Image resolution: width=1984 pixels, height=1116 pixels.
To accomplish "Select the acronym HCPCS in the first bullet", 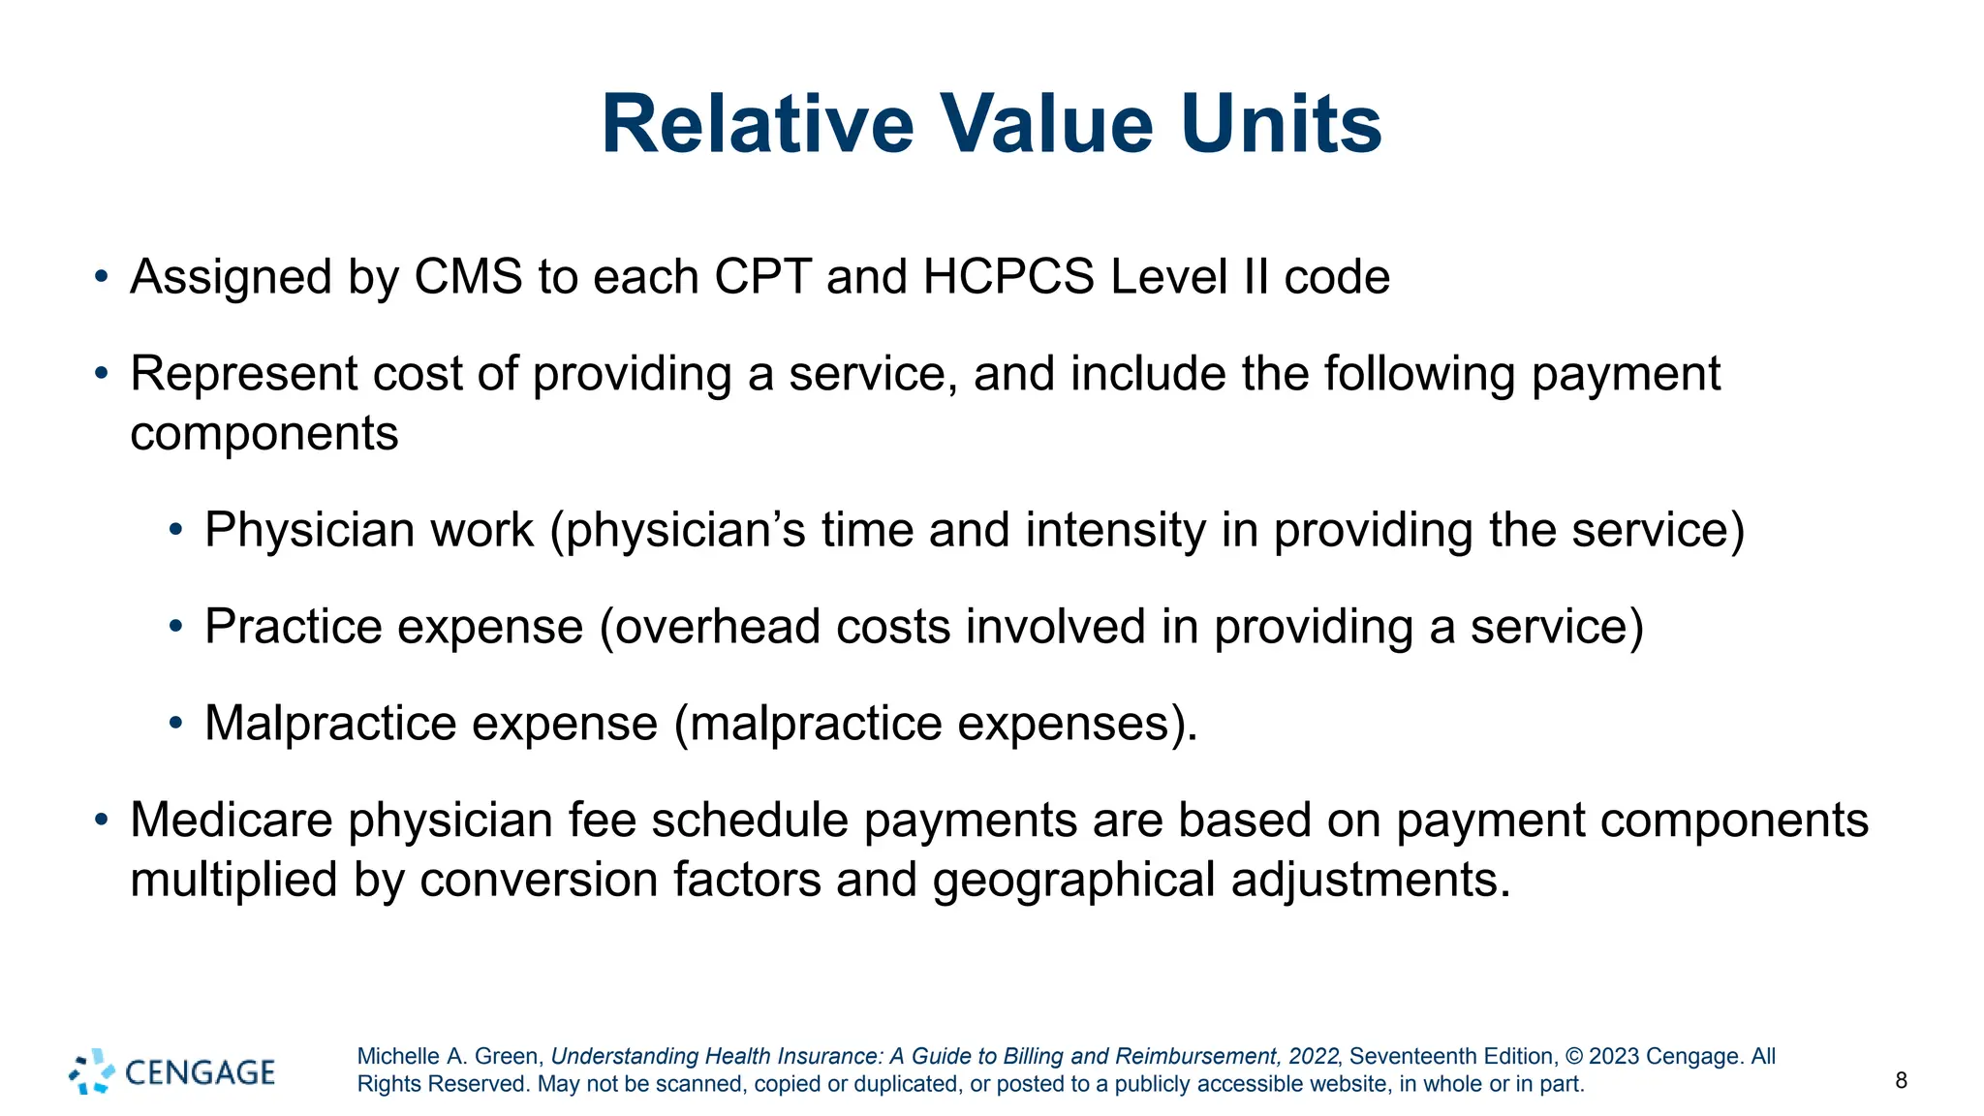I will [x=1008, y=277].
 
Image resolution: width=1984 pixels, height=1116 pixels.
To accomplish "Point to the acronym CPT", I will [x=761, y=277].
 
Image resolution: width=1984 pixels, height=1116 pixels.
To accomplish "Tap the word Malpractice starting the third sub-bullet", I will [x=329, y=724].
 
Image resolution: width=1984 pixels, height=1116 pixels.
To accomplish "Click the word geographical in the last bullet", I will [x=1073, y=881].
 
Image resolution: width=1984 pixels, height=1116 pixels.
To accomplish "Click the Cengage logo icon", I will [x=92, y=1071].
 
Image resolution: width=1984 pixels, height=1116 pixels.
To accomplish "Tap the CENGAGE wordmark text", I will [x=201, y=1072].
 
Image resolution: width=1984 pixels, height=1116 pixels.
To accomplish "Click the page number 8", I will [x=1901, y=1081].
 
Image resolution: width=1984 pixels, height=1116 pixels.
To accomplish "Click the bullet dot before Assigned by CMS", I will [x=101, y=277].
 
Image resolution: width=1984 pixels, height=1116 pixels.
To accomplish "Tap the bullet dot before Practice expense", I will [x=175, y=627].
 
